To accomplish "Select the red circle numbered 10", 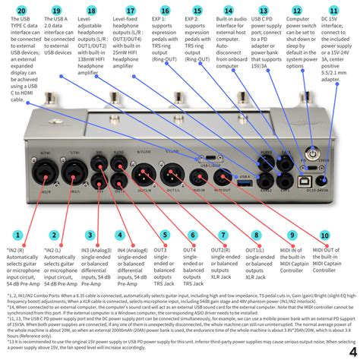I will [x=325, y=235].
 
